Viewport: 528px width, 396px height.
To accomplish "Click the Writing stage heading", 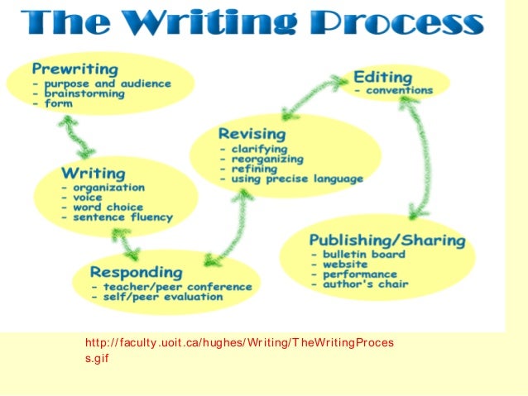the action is pyautogui.click(x=93, y=174).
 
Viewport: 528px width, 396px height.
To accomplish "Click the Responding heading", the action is pyautogui.click(x=136, y=272).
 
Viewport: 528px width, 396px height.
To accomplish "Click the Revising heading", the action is pyautogui.click(x=252, y=133).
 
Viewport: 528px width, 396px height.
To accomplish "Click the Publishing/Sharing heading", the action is pyautogui.click(x=387, y=241).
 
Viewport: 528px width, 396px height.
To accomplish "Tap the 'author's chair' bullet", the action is pyautogui.click(x=358, y=284).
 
